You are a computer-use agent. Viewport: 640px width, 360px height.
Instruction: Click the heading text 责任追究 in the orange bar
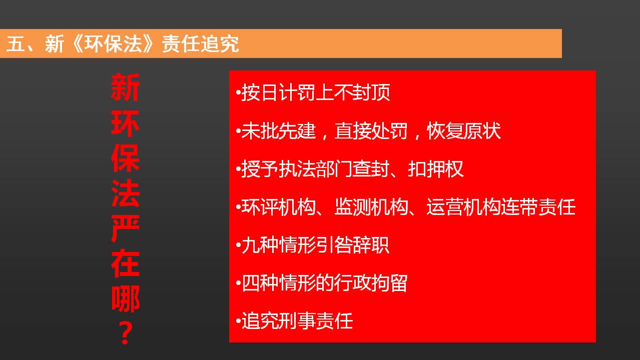pos(200,44)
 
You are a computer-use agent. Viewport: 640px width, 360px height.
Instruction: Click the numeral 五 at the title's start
pos(15,44)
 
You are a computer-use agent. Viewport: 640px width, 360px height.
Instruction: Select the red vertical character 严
pos(125,228)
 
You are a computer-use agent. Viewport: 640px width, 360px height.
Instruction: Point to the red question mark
pos(125,332)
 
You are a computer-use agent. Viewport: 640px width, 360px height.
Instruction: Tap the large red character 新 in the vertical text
pos(125,87)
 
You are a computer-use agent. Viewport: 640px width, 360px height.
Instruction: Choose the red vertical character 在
pos(125,263)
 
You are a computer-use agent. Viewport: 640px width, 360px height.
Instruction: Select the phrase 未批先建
pos(279,131)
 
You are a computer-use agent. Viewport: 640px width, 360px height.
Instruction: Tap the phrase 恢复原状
pos(464,131)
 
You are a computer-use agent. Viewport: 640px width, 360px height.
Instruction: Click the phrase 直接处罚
pos(371,131)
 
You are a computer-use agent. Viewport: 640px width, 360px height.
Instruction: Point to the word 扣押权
pos(436,168)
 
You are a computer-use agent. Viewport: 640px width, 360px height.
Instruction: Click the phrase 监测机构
pos(371,206)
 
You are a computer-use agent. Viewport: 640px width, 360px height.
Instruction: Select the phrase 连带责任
pos(538,206)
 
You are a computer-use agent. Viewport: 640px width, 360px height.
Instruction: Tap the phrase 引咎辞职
pos(352,244)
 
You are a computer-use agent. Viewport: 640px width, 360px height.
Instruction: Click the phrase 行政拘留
pos(371,282)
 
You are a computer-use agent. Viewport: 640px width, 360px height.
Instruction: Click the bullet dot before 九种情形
pos(238,245)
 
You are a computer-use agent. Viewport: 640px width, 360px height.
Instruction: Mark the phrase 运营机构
pos(463,206)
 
